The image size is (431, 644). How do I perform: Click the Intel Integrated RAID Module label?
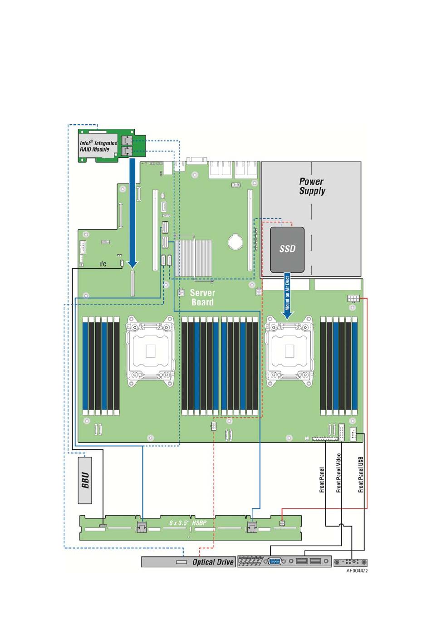(x=98, y=146)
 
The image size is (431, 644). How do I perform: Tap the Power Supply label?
(x=312, y=186)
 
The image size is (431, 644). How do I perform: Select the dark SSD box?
(x=287, y=249)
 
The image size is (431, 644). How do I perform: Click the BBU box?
(x=85, y=480)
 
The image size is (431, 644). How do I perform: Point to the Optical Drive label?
(x=213, y=562)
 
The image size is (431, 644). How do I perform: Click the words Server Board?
(x=202, y=298)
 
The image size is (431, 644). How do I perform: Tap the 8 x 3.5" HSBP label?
(x=188, y=522)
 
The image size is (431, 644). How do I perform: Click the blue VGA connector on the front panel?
(x=274, y=561)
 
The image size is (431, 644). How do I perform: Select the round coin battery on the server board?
(x=235, y=241)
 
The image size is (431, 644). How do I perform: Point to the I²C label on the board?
(x=103, y=264)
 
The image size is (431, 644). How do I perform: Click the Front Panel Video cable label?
(x=338, y=473)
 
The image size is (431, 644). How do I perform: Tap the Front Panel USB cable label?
(x=361, y=474)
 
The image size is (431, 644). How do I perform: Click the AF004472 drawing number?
(x=357, y=571)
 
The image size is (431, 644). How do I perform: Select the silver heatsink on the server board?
(x=193, y=258)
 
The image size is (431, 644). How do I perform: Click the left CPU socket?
(x=150, y=351)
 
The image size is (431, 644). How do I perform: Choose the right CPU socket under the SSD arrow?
(x=289, y=351)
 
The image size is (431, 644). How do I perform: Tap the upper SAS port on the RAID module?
(x=127, y=141)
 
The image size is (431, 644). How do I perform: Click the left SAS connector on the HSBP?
(x=141, y=527)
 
